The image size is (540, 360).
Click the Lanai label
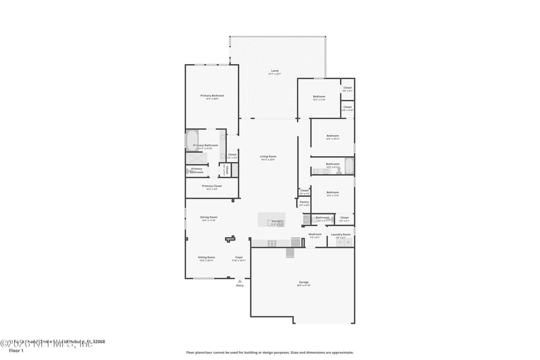tap(275, 71)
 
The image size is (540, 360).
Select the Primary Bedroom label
tap(212, 96)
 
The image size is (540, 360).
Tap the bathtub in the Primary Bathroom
tap(192, 140)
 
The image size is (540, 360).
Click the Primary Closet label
tap(212, 186)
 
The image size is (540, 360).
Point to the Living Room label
tap(269, 157)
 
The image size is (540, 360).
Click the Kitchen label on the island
tap(276, 221)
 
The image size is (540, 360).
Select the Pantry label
tap(304, 201)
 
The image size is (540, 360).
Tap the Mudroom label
tap(315, 234)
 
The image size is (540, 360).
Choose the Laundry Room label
tap(341, 234)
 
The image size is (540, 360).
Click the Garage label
tap(304, 282)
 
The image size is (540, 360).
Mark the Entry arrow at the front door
tap(240, 281)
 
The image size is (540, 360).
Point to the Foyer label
tap(239, 257)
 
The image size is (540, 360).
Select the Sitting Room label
tap(206, 257)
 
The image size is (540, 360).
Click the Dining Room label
tap(209, 217)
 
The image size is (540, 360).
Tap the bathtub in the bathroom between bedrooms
tap(348, 165)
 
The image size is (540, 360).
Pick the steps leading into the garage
tap(291, 253)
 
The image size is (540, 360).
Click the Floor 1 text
tap(16, 351)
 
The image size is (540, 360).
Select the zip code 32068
tap(99, 342)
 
